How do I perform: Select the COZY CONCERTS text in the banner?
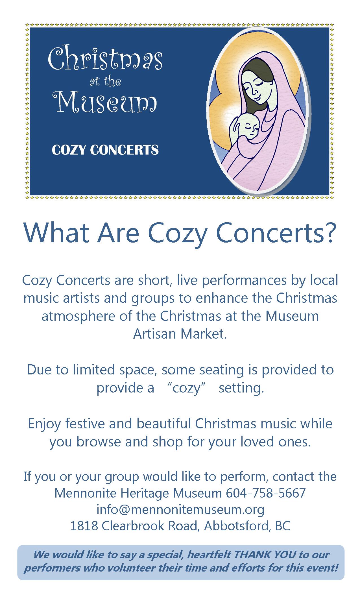[105, 150]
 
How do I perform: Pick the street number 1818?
[84, 526]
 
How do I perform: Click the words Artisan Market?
[180, 334]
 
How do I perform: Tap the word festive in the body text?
[86, 424]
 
